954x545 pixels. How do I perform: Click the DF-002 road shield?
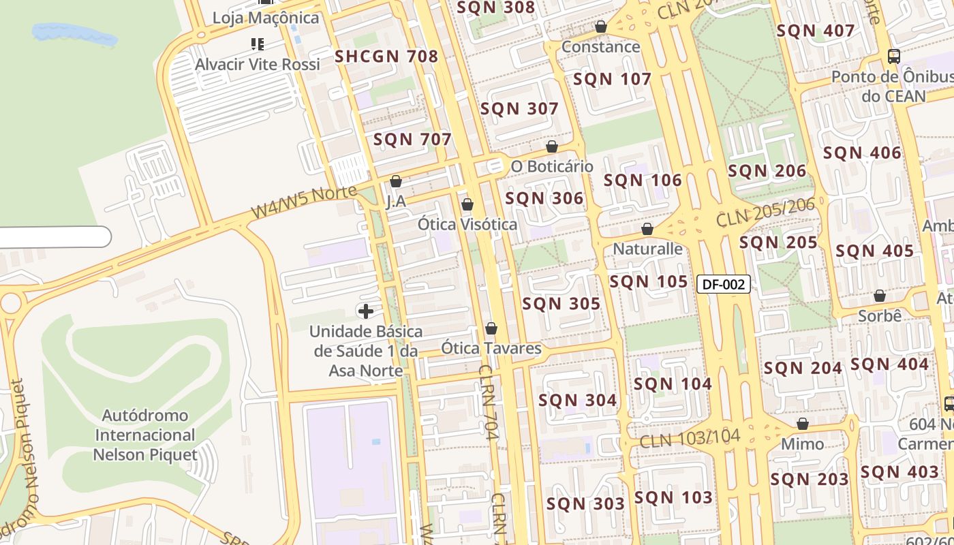coord(723,284)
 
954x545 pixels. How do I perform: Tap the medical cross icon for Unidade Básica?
coord(366,311)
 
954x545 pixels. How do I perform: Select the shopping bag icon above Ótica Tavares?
coord(491,329)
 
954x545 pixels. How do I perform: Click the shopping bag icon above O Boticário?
coord(552,146)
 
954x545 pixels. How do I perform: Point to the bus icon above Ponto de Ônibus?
coord(893,57)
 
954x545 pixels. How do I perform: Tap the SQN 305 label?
coord(561,304)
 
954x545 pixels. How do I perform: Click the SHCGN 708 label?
coord(386,57)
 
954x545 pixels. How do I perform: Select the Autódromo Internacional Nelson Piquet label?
coord(145,435)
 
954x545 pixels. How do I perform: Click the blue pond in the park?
coord(74,33)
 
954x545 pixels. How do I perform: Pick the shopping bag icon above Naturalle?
coord(647,229)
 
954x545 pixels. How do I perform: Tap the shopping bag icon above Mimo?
coord(803,424)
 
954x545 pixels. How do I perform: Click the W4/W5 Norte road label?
coord(304,202)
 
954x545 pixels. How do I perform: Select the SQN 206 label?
coord(767,170)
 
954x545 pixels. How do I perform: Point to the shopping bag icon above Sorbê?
coord(880,296)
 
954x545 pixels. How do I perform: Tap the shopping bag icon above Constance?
coord(600,27)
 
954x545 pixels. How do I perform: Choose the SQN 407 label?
coord(815,31)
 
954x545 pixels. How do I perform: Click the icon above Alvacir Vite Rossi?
coord(257,44)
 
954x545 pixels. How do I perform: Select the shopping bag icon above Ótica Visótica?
coord(467,204)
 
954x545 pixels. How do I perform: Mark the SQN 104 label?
coord(672,384)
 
